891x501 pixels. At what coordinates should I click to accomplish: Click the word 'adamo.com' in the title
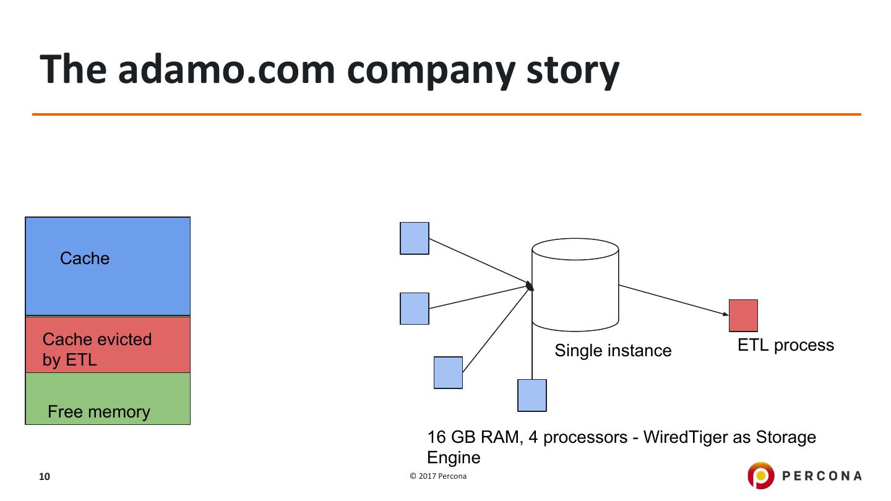[x=226, y=69]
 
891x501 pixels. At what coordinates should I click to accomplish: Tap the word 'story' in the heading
[x=573, y=72]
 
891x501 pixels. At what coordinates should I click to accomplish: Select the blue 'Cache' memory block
[x=108, y=266]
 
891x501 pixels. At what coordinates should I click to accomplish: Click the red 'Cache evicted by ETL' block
[x=108, y=345]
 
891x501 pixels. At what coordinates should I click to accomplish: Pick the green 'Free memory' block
[x=108, y=398]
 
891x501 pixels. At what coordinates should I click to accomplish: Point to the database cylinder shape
[x=575, y=285]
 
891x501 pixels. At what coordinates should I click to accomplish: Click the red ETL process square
[x=743, y=315]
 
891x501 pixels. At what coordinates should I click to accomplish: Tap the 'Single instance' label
[x=613, y=351]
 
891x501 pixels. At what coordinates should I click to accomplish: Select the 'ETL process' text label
[x=786, y=345]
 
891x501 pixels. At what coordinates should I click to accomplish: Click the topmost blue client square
[x=414, y=238]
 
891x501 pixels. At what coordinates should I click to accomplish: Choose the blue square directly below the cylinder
[x=532, y=395]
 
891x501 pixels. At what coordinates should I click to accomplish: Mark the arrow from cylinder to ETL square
[x=674, y=300]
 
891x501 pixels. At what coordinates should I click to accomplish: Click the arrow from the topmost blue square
[x=481, y=263]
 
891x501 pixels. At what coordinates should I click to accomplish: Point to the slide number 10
[x=44, y=476]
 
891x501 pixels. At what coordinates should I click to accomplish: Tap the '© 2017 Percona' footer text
[x=438, y=476]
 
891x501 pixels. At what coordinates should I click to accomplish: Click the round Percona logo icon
[x=760, y=475]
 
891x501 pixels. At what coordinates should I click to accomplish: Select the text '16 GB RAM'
[x=473, y=437]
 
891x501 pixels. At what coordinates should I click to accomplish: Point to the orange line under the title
[x=447, y=114]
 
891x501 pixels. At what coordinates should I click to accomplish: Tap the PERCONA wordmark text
[x=822, y=476]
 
